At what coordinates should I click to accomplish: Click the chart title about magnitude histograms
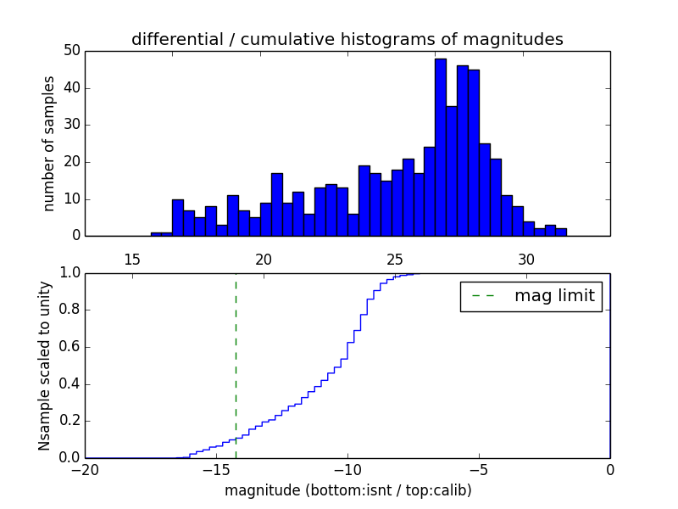point(347,39)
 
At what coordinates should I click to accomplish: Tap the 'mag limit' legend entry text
point(554,296)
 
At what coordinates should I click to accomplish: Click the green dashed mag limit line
point(236,356)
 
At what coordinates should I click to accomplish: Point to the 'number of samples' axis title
point(49,143)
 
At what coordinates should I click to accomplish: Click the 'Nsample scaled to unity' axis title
point(44,366)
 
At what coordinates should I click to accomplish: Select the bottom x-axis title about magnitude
point(347,490)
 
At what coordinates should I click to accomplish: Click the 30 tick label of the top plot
point(526,259)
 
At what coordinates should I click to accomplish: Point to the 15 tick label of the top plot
point(131,259)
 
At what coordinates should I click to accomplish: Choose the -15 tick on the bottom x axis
point(216,470)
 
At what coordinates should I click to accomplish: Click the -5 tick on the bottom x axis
point(479,470)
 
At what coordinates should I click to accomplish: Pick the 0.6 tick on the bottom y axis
point(69,347)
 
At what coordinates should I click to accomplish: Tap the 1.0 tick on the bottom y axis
point(69,273)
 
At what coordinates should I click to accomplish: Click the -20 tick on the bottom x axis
point(85,470)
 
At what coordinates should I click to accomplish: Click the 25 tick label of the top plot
point(395,259)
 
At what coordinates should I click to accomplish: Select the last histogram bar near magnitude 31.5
point(560,232)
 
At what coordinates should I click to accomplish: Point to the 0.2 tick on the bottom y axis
point(69,421)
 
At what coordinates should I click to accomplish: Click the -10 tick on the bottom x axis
point(347,470)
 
